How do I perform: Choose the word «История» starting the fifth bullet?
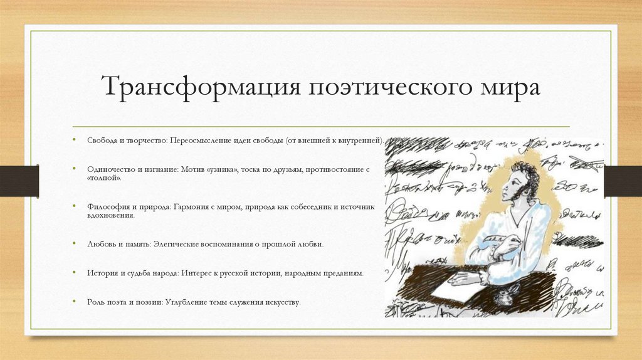coord(102,273)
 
